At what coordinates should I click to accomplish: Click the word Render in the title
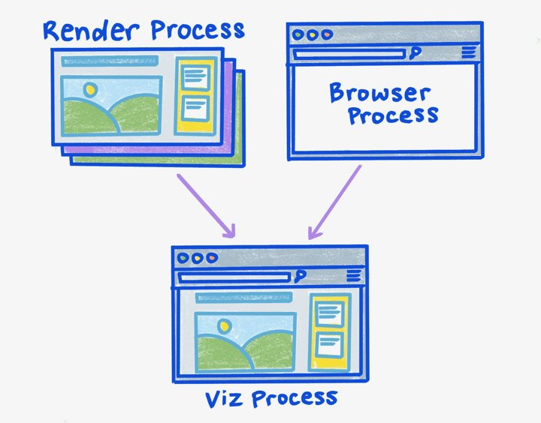(91, 31)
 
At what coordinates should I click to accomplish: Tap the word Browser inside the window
(379, 94)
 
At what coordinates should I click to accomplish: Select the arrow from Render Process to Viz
(206, 207)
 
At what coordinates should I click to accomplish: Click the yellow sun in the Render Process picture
(91, 90)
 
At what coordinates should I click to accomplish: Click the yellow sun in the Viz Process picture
(222, 326)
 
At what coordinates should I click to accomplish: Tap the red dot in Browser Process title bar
(326, 34)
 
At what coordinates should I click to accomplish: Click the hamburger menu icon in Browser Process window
(468, 52)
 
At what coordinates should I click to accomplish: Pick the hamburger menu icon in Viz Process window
(352, 277)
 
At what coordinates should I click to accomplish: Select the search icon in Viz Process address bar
(299, 277)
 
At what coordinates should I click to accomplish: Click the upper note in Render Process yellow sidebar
(196, 76)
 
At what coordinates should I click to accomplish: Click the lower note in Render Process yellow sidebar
(196, 107)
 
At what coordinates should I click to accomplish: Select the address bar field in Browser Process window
(349, 53)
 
